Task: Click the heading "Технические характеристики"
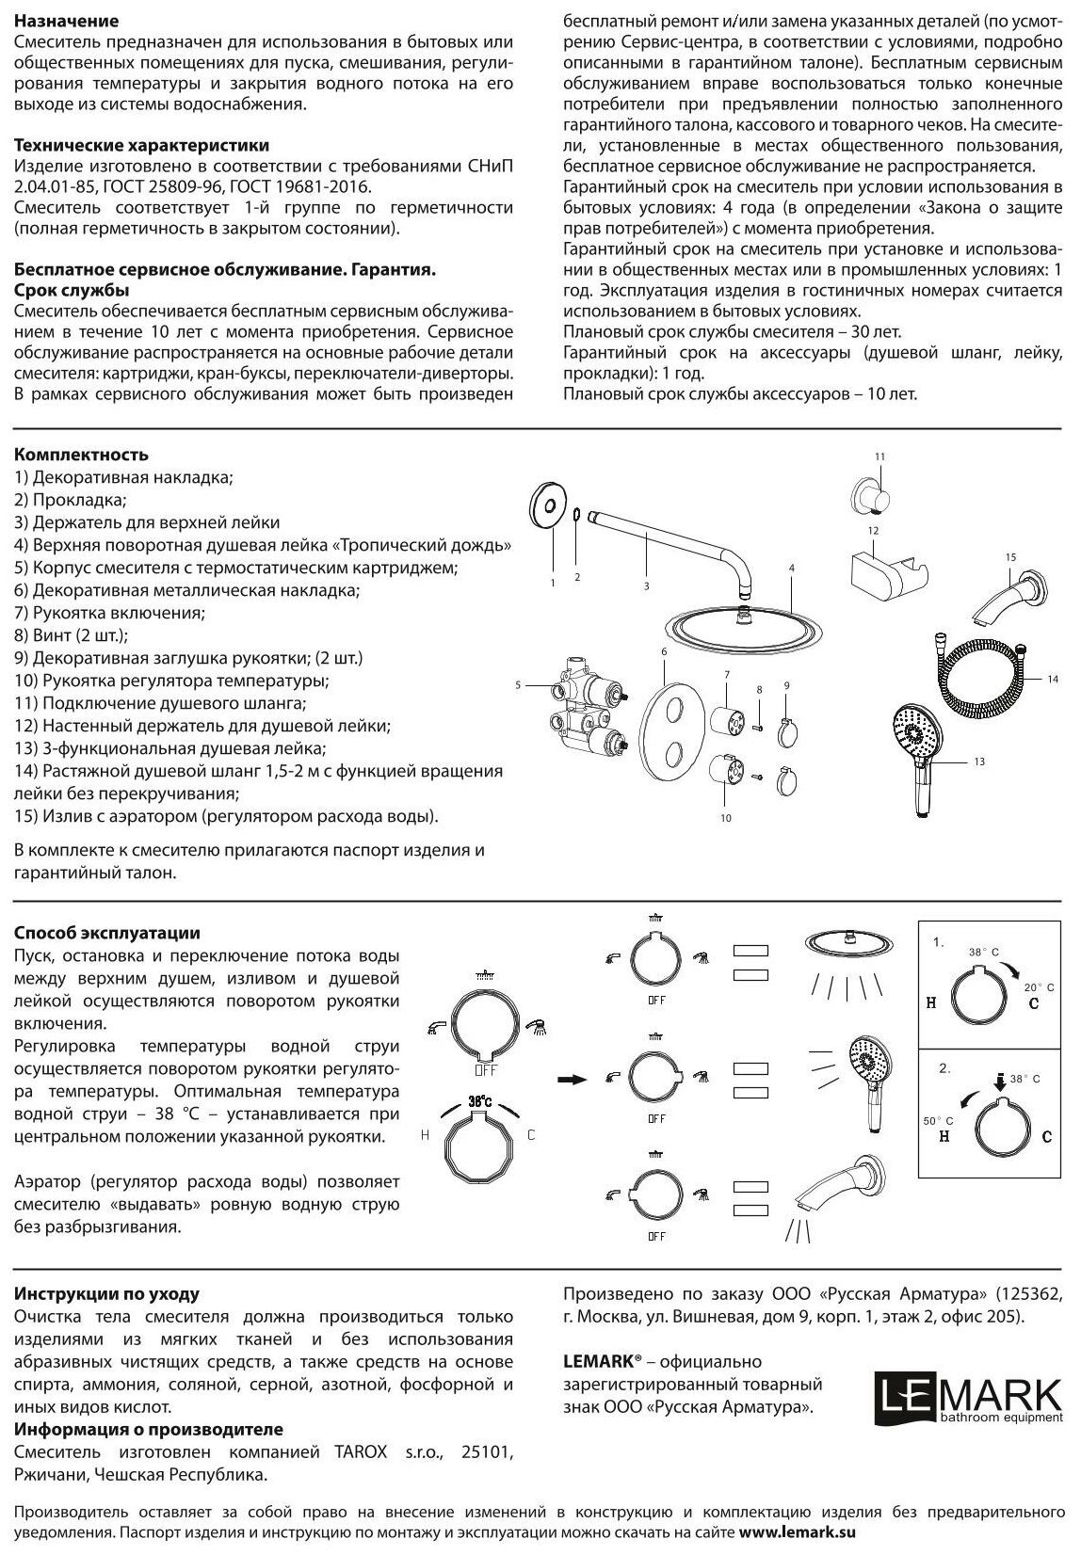(142, 146)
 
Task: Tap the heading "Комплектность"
(82, 456)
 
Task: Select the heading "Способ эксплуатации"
(107, 933)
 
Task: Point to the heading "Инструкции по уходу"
(107, 1294)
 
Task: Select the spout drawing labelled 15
(1010, 600)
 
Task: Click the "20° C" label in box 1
(1040, 986)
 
